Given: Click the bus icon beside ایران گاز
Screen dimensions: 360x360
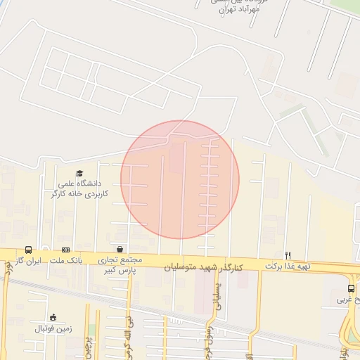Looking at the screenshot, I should pos(29,250).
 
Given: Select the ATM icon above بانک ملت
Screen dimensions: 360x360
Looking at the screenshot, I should pos(66,250).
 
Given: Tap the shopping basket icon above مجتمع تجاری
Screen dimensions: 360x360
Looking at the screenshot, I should pos(120,249).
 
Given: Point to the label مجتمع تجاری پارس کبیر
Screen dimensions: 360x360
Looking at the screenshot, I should pos(121,264).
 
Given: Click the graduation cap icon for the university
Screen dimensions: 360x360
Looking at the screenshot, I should pos(79,174).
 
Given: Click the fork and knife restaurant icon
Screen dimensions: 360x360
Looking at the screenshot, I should pos(288,255).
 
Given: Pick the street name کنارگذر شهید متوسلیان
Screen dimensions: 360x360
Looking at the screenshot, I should pos(204,267).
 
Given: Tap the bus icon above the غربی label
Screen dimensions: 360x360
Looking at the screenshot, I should pos(351,289).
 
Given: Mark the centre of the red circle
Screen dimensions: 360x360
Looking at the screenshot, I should pos(180,179).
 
